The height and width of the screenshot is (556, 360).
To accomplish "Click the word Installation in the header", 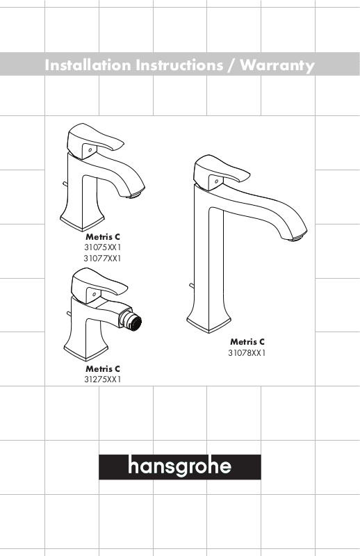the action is click(88, 65).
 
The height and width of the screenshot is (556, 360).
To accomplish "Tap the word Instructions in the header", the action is click(180, 65).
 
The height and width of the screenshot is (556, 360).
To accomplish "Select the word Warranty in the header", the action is click(277, 66).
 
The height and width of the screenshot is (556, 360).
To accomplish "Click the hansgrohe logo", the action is click(180, 466).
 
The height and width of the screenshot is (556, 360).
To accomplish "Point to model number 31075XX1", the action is click(102, 247).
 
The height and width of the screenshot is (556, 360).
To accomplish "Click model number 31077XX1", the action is click(102, 259).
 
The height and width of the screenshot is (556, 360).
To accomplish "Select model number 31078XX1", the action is click(247, 353).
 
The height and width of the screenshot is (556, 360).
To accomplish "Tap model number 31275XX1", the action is click(102, 379).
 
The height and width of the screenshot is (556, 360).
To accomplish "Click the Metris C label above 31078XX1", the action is click(247, 342).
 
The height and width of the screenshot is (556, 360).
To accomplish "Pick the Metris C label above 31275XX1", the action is click(103, 369).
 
